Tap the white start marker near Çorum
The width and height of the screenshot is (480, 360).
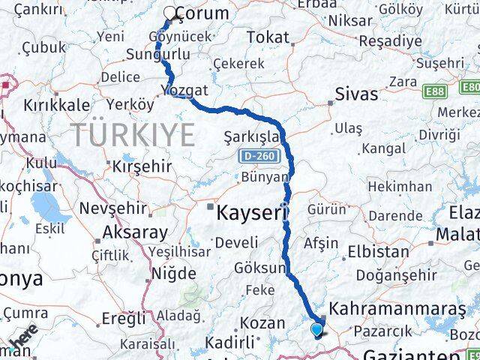point(171,13)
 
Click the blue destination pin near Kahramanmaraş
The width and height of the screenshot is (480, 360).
point(317,328)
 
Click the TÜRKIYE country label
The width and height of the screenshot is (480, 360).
point(134,135)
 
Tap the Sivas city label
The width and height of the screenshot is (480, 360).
point(352,94)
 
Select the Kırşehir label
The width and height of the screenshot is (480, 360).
point(142,166)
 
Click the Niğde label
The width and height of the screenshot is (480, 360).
point(173,272)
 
